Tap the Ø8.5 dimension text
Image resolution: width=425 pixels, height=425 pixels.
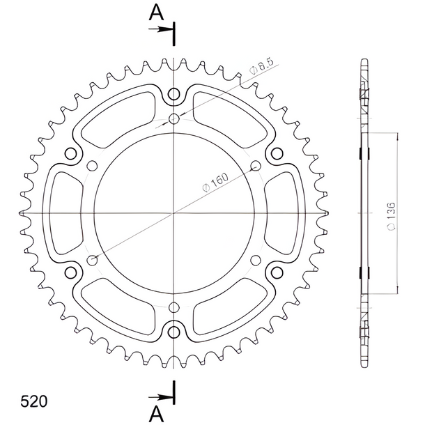[x=261, y=66]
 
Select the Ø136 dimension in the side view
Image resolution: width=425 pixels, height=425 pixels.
[x=391, y=217]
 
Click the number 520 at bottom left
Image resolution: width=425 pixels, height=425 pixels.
[x=34, y=401]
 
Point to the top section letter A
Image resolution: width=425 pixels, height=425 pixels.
[x=156, y=13]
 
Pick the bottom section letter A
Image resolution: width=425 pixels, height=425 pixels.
[x=156, y=414]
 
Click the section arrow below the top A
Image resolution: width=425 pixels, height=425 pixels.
[x=160, y=29]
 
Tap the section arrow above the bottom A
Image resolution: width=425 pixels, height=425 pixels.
[x=160, y=397]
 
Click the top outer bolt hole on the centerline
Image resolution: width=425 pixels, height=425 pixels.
[x=173, y=95]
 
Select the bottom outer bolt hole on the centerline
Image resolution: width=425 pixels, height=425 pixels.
[x=173, y=332]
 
